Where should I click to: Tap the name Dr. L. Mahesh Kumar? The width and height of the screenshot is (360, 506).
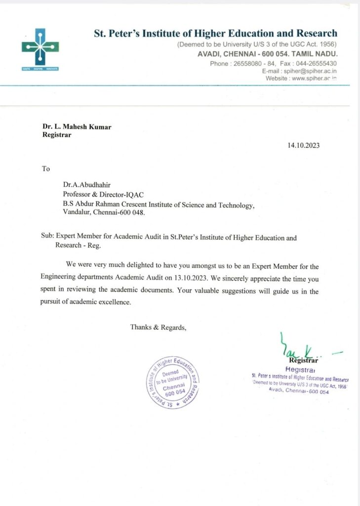[77, 127]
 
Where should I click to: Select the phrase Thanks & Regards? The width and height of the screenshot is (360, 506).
[158, 327]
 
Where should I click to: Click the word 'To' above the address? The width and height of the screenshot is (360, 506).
[46, 169]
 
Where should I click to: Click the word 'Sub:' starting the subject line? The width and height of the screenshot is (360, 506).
[48, 237]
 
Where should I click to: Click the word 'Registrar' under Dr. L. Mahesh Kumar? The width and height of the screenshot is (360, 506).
[57, 135]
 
